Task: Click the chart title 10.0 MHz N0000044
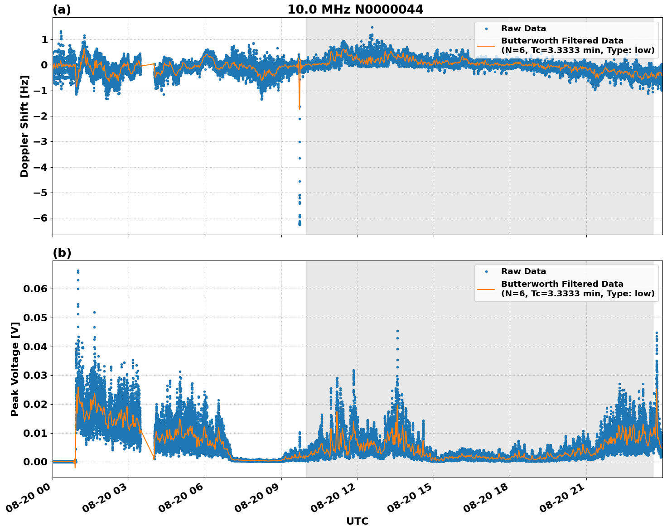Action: click(x=355, y=10)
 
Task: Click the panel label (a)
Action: click(x=62, y=10)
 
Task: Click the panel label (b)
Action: click(x=62, y=253)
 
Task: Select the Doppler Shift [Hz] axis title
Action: click(x=24, y=126)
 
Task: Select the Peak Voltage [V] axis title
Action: click(x=15, y=369)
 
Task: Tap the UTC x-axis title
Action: click(x=357, y=521)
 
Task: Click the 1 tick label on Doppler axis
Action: click(x=44, y=40)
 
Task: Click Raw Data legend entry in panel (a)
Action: click(x=523, y=29)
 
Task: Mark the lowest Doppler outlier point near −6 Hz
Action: click(x=300, y=224)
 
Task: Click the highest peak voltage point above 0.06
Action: click(x=78, y=271)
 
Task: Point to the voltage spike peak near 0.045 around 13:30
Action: click(x=397, y=331)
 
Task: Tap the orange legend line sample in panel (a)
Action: click(x=486, y=45)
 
